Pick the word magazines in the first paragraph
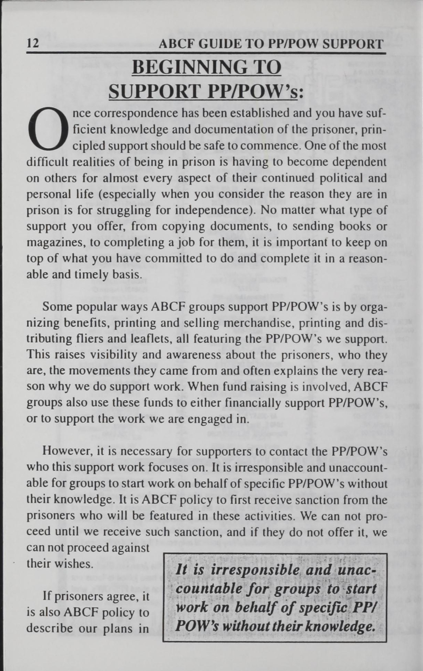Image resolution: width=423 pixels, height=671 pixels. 56,243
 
